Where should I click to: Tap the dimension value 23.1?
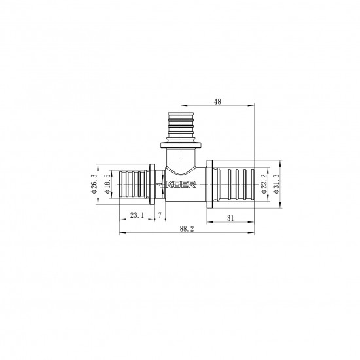pyautogui.click(x=137, y=215)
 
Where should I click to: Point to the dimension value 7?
pyautogui.click(x=160, y=215)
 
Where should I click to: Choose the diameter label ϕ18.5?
pyautogui.click(x=107, y=185)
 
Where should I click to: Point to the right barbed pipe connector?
pyautogui.click(x=235, y=185)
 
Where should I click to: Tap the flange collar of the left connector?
pyautogui.click(x=153, y=185)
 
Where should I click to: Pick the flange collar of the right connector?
pyautogui.click(x=212, y=185)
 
